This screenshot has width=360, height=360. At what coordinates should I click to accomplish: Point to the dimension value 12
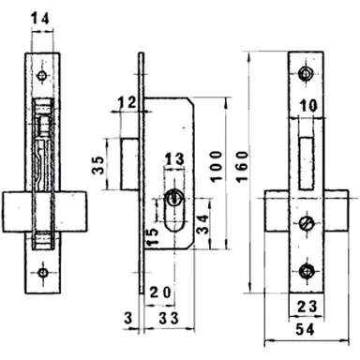point(127,101)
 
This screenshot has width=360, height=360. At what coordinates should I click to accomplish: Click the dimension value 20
point(160,292)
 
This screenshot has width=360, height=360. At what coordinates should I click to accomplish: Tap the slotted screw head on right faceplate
point(307,224)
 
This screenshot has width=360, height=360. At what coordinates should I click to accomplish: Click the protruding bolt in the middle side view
point(129,164)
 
